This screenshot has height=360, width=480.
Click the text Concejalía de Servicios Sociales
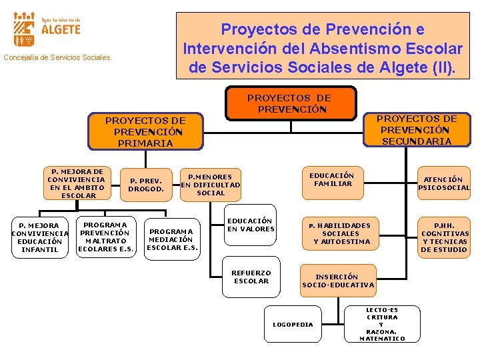tap(58, 57)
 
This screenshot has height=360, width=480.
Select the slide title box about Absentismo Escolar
tap(323, 48)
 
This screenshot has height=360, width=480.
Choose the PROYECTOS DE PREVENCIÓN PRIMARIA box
tap(145, 131)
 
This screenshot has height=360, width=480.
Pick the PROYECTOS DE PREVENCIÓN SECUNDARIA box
tap(416, 129)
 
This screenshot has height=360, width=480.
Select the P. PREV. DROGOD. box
tap(147, 184)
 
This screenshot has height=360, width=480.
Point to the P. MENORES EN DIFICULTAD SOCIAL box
tap(210, 185)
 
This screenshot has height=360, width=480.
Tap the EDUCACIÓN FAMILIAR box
tap(333, 179)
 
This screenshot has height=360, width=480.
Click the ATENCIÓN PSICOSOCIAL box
tap(443, 183)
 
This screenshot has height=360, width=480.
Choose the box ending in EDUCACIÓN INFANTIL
tap(39, 237)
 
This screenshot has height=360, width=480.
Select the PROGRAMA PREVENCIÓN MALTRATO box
tap(106, 237)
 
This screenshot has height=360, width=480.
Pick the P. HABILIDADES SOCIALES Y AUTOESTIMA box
tap(341, 233)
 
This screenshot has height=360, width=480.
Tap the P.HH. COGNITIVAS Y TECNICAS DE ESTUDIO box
tap(444, 237)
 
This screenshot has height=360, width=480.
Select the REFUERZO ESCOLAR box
tap(251, 277)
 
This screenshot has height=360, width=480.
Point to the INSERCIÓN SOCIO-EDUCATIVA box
tap(338, 281)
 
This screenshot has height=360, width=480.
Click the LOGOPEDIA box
tap(293, 324)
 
